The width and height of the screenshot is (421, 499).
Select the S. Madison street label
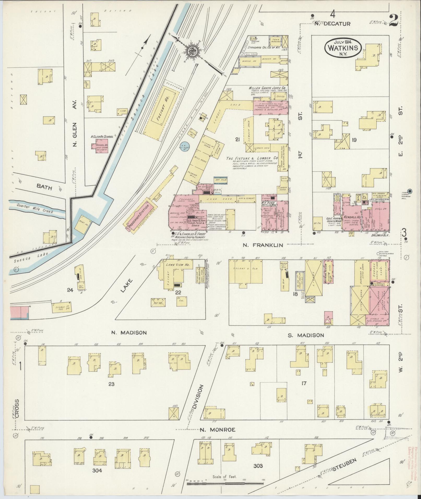coord(306,335)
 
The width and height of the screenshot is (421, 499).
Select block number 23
coord(112,384)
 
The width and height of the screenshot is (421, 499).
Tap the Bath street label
coord(44,187)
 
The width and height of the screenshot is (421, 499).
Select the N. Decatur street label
coord(332,24)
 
